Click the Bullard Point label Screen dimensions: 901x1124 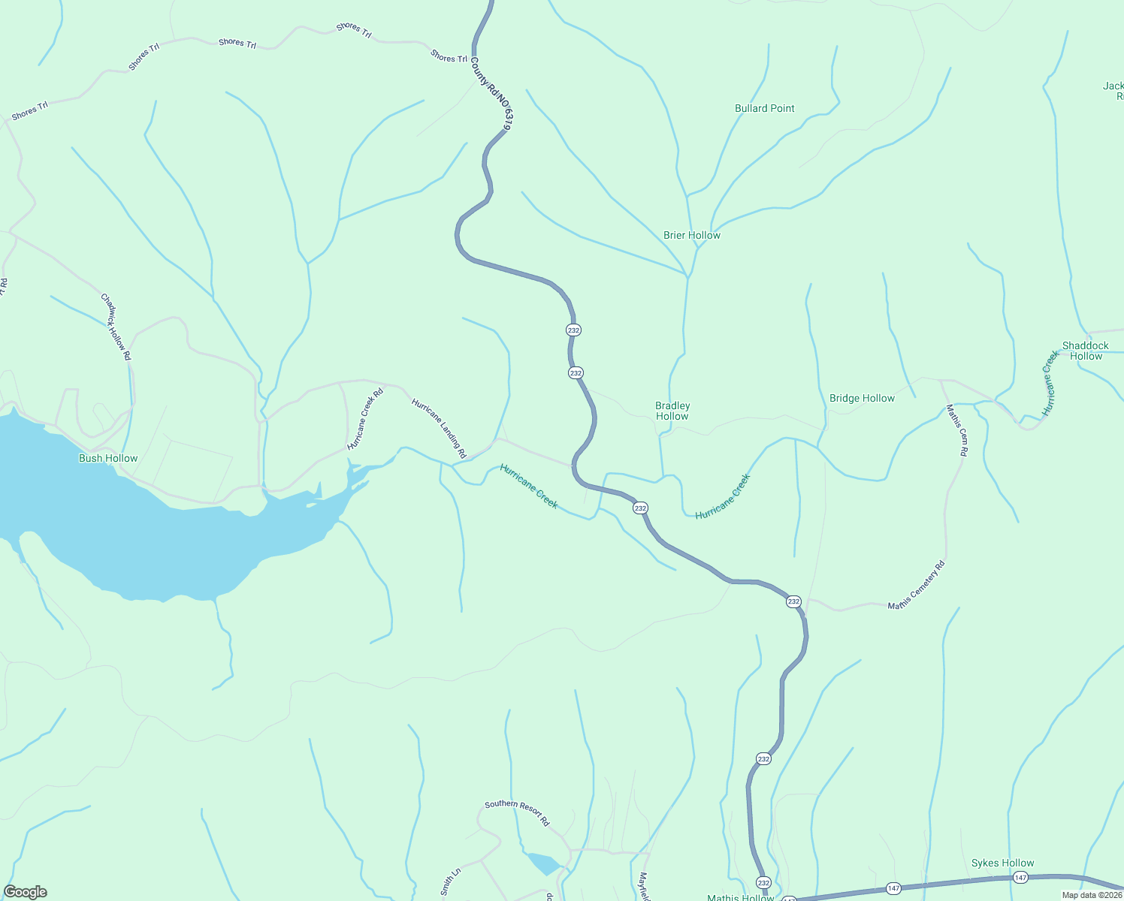coord(764,108)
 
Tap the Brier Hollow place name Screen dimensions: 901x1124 coord(691,235)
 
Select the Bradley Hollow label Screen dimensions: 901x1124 coord(672,411)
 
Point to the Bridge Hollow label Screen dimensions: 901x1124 coord(862,398)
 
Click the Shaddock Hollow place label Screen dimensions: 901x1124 coord(1085,351)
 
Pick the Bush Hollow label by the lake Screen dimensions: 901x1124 coord(108,458)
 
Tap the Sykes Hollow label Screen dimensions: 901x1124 coord(1002,863)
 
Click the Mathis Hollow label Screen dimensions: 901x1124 coord(740,897)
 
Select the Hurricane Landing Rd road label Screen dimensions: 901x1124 coord(439,428)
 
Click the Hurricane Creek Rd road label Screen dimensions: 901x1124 coord(365,418)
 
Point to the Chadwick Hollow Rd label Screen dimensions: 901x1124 coord(116,327)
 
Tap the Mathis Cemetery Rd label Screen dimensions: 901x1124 coord(916,586)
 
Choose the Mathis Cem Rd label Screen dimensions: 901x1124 coord(956,430)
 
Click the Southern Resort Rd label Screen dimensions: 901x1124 coord(517,813)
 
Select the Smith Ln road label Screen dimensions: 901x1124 coord(450,882)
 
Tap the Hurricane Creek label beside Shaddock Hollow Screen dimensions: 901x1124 coord(1050,383)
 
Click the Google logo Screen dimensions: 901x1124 coord(25,892)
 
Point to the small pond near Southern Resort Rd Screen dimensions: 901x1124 coord(542,863)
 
